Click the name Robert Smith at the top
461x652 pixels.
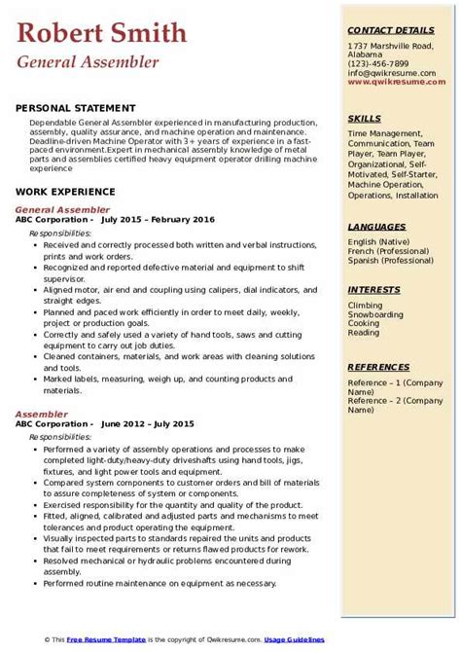[x=101, y=33]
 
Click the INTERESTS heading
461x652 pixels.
[x=374, y=290]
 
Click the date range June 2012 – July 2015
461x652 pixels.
[x=147, y=424]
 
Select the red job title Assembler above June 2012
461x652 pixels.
[x=42, y=414]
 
